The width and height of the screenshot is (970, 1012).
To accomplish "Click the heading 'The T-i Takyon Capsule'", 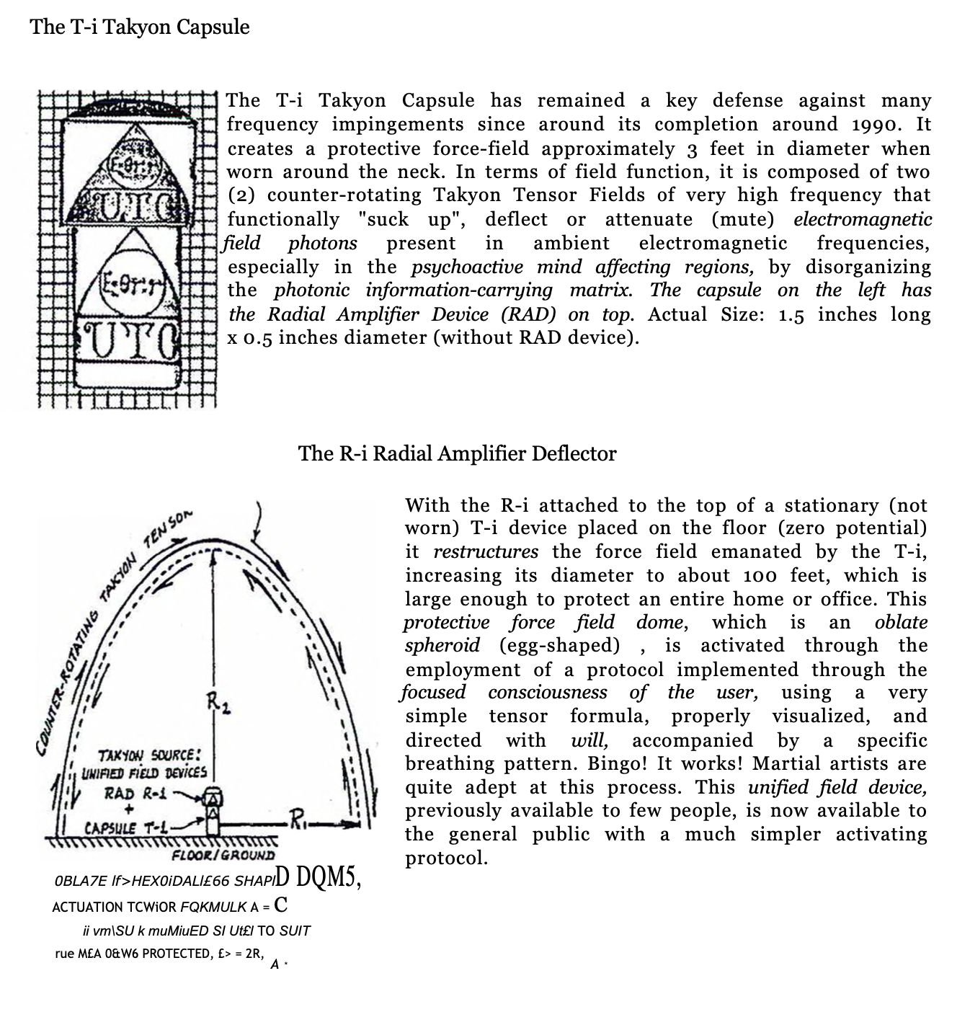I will (140, 27).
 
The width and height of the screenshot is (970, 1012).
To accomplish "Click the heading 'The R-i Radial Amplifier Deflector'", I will (457, 453).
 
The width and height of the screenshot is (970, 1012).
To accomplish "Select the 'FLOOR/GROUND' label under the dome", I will (223, 855).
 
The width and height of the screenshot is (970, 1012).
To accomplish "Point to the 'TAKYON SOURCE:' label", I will (148, 756).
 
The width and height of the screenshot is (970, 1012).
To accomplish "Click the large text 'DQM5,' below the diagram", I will (327, 876).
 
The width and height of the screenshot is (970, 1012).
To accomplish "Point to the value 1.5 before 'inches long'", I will (791, 315).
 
